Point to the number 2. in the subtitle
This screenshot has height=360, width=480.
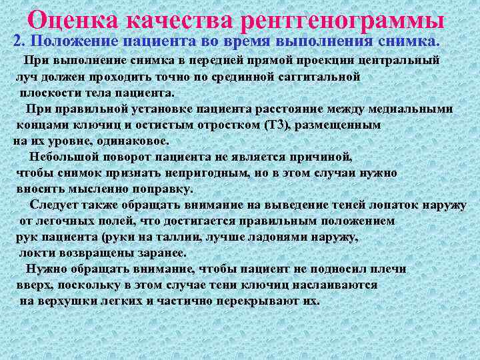tap(19, 41)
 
